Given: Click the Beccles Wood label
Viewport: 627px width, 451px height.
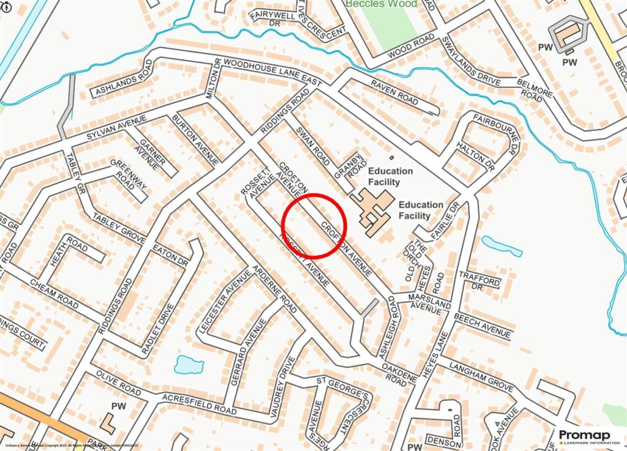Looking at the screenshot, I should (x=381, y=4).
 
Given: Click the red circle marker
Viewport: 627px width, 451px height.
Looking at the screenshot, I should (x=314, y=225).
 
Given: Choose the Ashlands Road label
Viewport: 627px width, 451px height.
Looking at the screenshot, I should (x=122, y=83).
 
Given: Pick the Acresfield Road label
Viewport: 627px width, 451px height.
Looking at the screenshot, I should (x=199, y=403).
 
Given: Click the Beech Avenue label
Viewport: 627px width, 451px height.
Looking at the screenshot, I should (x=482, y=326).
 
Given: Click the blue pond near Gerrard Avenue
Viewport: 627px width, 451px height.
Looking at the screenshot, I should (x=189, y=365).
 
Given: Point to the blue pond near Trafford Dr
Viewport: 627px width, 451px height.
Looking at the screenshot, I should (x=502, y=246).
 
